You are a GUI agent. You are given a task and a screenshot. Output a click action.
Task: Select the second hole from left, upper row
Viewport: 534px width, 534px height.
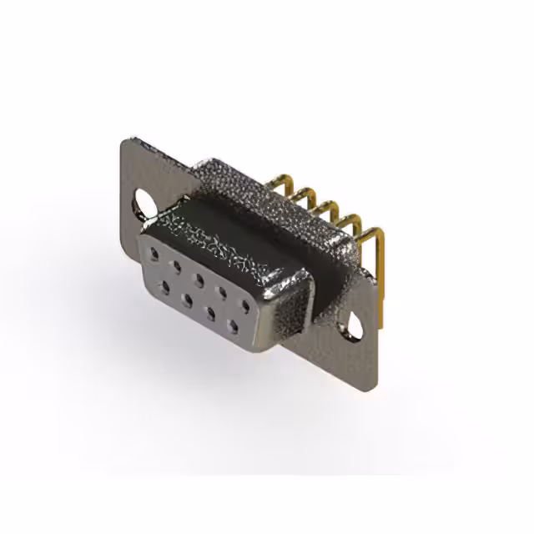pyautogui.click(x=177, y=261)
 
